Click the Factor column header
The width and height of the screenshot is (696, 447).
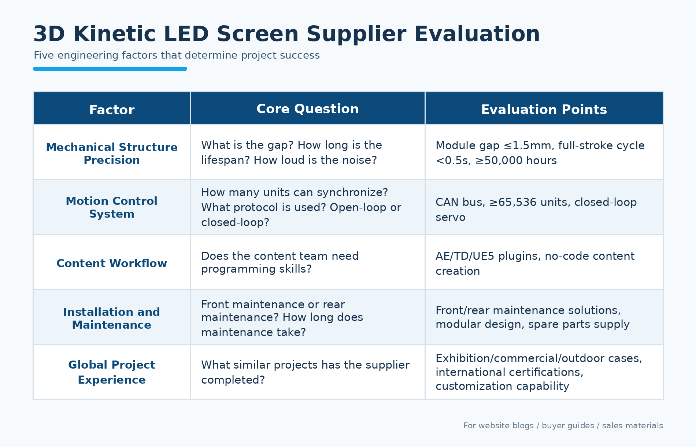112,110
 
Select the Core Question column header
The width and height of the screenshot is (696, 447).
308,109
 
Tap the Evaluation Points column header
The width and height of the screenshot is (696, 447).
544,110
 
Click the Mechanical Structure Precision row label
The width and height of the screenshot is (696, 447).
112,154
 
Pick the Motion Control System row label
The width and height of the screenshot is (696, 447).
112,207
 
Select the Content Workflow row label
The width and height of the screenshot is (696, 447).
112,263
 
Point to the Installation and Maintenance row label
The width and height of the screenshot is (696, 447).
112,318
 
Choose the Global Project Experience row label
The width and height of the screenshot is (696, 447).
112,372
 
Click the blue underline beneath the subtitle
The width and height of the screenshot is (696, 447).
110,69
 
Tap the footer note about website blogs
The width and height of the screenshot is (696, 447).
563,425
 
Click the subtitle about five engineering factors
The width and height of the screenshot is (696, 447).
177,55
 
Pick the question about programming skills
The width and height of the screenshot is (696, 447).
280,262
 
